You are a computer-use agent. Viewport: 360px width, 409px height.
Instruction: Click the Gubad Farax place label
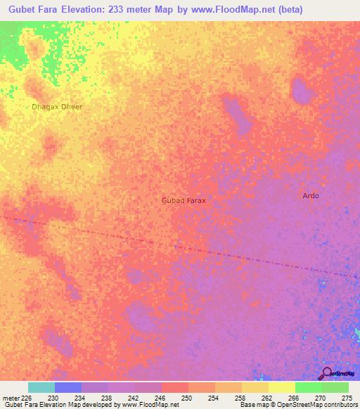[184, 200]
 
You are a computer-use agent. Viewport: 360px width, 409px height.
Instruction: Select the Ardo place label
[310, 195]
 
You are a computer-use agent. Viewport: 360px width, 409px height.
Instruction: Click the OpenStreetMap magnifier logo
[327, 373]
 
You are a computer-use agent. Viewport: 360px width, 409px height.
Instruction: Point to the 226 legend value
[27, 398]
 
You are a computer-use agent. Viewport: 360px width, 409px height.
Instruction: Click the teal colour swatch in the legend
[41, 387]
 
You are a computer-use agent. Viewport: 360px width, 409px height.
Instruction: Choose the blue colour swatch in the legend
[67, 387]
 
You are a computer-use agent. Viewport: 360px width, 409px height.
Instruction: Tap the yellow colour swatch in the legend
[281, 387]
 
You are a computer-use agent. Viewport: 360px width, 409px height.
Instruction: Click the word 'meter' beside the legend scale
[11, 398]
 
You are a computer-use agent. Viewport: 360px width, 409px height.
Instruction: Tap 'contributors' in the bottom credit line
[339, 405]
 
